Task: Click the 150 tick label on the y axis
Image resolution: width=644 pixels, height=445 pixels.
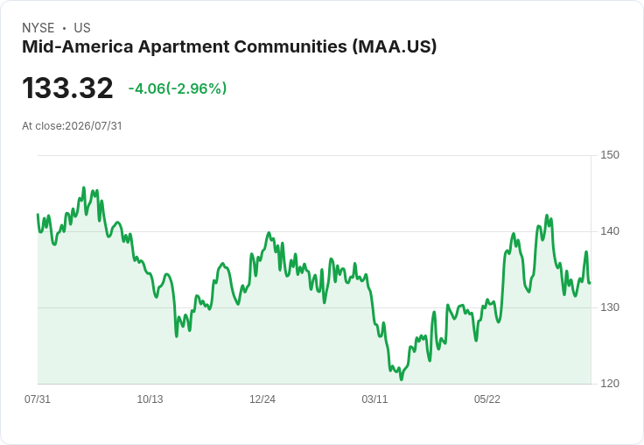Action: tap(610, 155)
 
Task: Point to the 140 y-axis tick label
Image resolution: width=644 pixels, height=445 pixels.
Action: tap(610, 231)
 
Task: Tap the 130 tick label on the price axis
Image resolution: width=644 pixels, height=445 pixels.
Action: tap(610, 307)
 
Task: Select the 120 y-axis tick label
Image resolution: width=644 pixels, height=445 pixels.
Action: tap(610, 384)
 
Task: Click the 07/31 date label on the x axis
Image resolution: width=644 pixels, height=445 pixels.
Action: tap(38, 399)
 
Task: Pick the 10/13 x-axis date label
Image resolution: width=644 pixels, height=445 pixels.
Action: tap(150, 399)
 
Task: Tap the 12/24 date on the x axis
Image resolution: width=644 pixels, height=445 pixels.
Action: tap(262, 399)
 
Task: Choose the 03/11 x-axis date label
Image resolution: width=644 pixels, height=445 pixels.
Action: tap(374, 399)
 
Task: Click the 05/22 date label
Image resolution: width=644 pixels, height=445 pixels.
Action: tap(487, 399)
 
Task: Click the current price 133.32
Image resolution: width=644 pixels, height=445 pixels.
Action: tap(67, 88)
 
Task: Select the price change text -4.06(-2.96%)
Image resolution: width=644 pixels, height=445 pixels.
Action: tap(178, 88)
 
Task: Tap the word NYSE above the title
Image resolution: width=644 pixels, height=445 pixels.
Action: tap(38, 28)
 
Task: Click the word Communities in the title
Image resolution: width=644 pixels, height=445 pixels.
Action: tap(290, 46)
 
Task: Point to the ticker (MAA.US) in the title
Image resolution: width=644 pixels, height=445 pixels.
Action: tap(395, 46)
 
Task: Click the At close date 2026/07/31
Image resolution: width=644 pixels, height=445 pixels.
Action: tap(94, 126)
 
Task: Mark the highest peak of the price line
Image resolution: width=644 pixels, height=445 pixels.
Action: tap(84, 187)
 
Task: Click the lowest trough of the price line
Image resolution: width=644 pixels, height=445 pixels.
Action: tap(402, 379)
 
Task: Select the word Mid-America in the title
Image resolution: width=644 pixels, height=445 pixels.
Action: tap(78, 46)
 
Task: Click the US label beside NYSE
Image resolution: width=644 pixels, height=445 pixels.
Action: tap(82, 28)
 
